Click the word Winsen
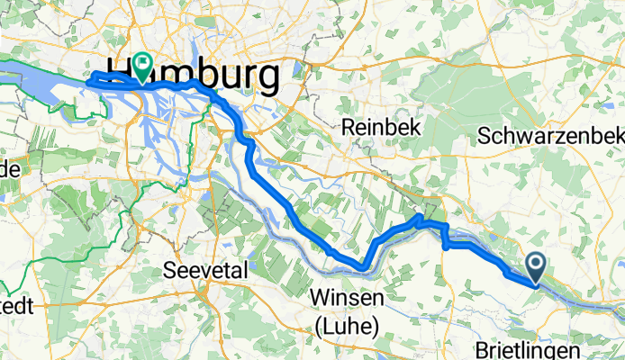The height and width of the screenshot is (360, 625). point(345,298)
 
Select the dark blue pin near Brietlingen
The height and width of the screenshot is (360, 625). point(536,266)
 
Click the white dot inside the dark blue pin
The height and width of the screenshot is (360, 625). point(536,263)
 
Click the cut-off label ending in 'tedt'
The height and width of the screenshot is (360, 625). point(16,306)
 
